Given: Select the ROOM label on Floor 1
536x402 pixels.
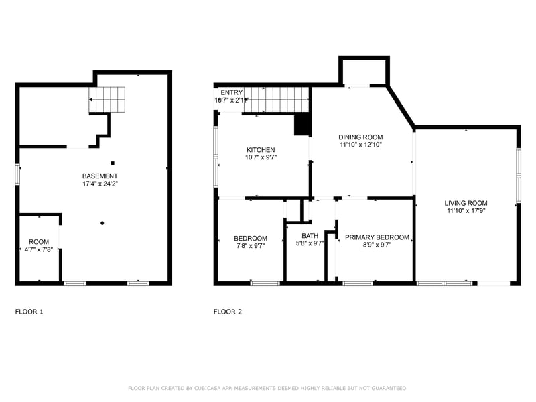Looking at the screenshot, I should coord(39,241).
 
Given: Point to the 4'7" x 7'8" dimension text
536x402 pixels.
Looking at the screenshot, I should coord(39,249).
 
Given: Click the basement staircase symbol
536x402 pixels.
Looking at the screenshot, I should coord(108,100).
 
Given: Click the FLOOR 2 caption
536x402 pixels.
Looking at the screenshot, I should coord(228,312).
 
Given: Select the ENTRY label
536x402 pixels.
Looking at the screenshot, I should coord(232,92).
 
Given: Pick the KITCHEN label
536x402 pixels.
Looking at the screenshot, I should coord(261,150).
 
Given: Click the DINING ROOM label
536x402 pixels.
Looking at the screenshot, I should coord(360,137).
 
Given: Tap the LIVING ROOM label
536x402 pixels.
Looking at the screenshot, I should coord(466,203).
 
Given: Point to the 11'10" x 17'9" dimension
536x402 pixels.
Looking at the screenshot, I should coord(466,211).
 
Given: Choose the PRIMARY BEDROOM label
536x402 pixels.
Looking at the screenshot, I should coord(377,237).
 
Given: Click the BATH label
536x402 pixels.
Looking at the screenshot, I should coord(310,235).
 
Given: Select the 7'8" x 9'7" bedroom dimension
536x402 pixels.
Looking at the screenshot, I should coord(250,246).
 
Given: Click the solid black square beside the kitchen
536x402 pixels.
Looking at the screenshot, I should coord(302,125).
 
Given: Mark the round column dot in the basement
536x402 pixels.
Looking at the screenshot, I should coord(103,223).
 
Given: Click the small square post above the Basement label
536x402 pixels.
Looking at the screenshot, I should coord(113,163).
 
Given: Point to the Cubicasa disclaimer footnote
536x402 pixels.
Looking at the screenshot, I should coord(267,388).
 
